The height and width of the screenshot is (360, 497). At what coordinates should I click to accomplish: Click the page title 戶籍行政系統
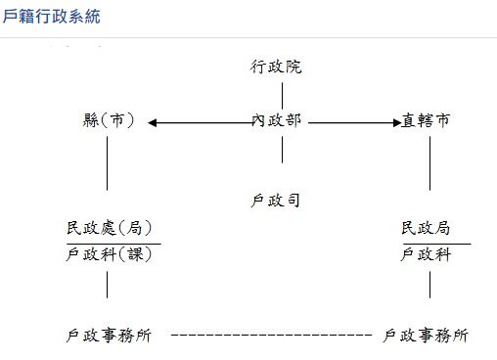coord(51,18)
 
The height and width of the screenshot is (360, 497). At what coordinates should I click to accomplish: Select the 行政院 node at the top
coord(277,67)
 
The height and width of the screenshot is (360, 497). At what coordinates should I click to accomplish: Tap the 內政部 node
coord(277,121)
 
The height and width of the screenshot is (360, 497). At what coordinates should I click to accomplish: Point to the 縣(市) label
coord(109,121)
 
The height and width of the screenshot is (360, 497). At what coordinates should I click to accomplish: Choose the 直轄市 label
coord(427,121)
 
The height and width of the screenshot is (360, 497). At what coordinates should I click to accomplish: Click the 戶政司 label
coord(277,202)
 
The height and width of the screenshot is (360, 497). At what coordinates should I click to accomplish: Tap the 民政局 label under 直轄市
coord(427,229)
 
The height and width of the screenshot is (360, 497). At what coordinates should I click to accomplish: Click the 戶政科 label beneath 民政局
coord(427,255)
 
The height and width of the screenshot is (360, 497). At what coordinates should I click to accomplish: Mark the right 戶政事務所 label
coord(426,336)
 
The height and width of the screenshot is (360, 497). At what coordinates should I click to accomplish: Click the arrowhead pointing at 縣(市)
coord(154,122)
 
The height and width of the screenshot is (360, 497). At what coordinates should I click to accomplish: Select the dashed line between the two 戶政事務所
coord(271,336)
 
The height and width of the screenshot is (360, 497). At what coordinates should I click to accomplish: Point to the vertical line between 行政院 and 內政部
coord(283,95)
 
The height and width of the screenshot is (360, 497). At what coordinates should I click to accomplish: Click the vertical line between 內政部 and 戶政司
coord(283,150)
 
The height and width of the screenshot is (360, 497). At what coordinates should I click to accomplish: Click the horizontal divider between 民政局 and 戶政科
coord(436,243)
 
